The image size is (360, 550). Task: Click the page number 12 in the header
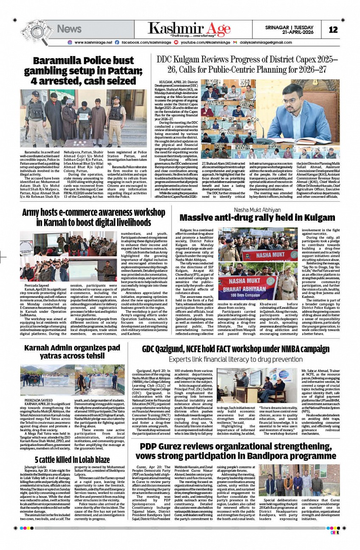tap(333, 29)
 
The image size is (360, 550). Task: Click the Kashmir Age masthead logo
tap(189, 29)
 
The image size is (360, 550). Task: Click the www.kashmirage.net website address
tap(93, 42)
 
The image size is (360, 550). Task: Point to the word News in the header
tap(69, 29)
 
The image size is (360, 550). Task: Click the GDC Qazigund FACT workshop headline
tap(236, 349)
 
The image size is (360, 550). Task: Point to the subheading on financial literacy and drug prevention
tap(236, 359)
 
